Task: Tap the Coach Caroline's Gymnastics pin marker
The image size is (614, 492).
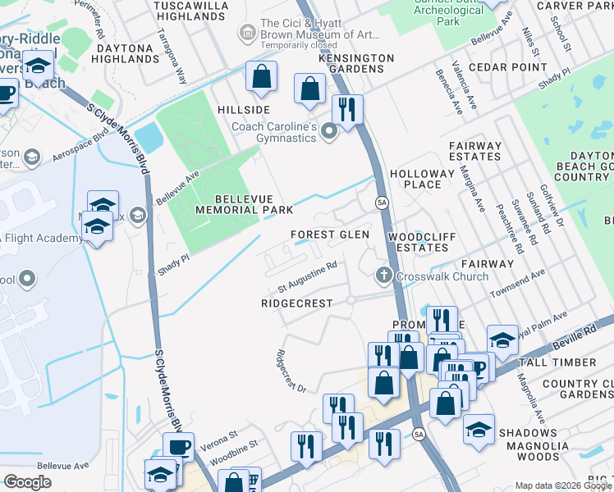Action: [329, 131]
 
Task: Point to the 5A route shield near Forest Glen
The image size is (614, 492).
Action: [382, 202]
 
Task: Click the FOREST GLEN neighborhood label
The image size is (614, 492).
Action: [330, 235]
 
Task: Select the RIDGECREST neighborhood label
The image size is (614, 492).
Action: [296, 303]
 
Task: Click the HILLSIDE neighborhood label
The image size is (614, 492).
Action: [244, 110]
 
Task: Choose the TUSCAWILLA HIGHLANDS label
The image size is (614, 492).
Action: [191, 11]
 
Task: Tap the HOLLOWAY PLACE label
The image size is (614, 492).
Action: [422, 180]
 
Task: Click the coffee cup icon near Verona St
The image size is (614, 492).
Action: [178, 448]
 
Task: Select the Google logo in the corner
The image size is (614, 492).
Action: [27, 482]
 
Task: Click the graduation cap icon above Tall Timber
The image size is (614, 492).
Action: [502, 337]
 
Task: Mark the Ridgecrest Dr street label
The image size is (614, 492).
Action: [291, 371]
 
